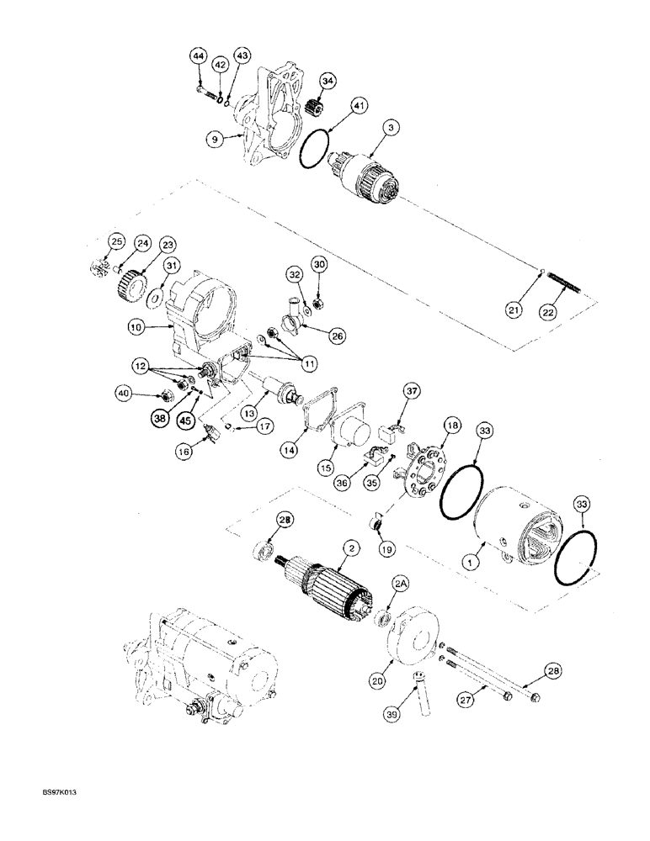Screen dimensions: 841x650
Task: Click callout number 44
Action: click(197, 56)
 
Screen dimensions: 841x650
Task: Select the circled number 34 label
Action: click(327, 81)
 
